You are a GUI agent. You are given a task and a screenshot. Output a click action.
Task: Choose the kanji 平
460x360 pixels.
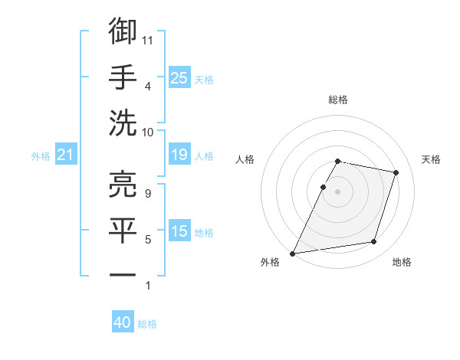coord(123,230)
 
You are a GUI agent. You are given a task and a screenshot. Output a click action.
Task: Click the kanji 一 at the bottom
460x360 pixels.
coord(123,274)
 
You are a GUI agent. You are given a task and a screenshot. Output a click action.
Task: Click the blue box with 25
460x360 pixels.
coord(179,77)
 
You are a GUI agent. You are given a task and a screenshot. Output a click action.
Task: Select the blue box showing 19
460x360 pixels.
coord(179,155)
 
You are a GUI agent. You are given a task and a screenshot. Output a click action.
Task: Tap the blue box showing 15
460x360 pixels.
coord(179,231)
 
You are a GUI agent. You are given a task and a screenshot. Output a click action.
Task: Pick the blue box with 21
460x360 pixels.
coord(66,155)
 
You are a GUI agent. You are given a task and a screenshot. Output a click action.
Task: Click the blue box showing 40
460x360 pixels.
coord(123,322)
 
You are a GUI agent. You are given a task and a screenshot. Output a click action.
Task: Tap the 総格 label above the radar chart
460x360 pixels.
coord(338,100)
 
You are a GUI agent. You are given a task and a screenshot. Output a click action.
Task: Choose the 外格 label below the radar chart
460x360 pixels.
coord(270,263)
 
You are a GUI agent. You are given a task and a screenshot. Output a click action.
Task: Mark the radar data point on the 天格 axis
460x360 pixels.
coord(396,173)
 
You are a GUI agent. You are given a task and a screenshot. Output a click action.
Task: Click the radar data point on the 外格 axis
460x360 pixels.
coord(293,253)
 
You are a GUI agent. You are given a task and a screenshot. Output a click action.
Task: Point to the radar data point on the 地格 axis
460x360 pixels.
coord(373,242)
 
